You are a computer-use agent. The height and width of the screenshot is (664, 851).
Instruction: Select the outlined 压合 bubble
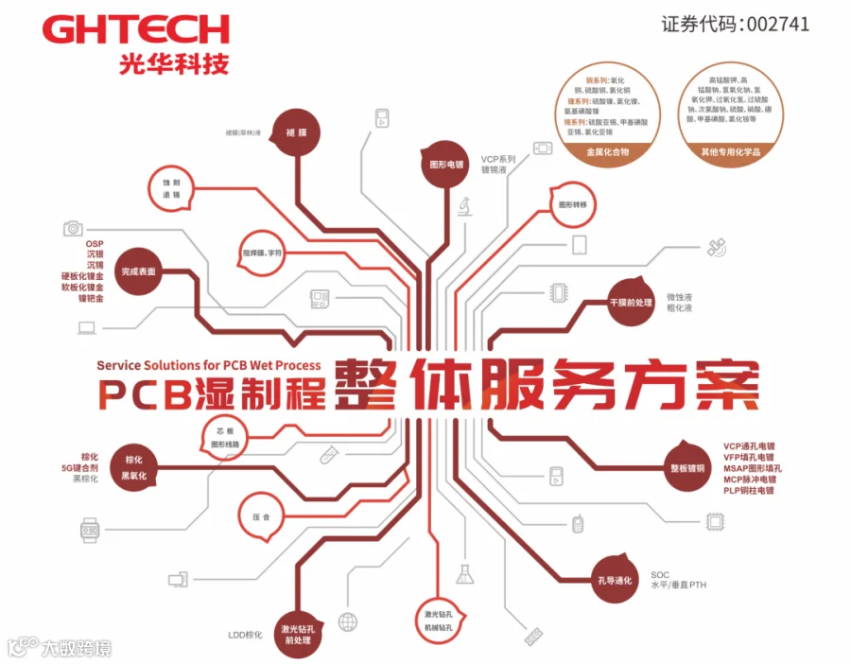coord(261,517)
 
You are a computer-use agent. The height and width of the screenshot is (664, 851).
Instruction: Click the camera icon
coord(73,228)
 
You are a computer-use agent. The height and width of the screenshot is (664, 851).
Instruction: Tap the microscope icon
coord(466,205)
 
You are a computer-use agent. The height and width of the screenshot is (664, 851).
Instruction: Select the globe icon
coord(348,622)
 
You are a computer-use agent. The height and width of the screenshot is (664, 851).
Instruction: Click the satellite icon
coord(717,248)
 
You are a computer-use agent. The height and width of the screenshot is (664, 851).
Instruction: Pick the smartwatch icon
coord(89,531)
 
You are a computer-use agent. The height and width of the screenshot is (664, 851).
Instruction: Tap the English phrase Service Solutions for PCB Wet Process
coord(208,364)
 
